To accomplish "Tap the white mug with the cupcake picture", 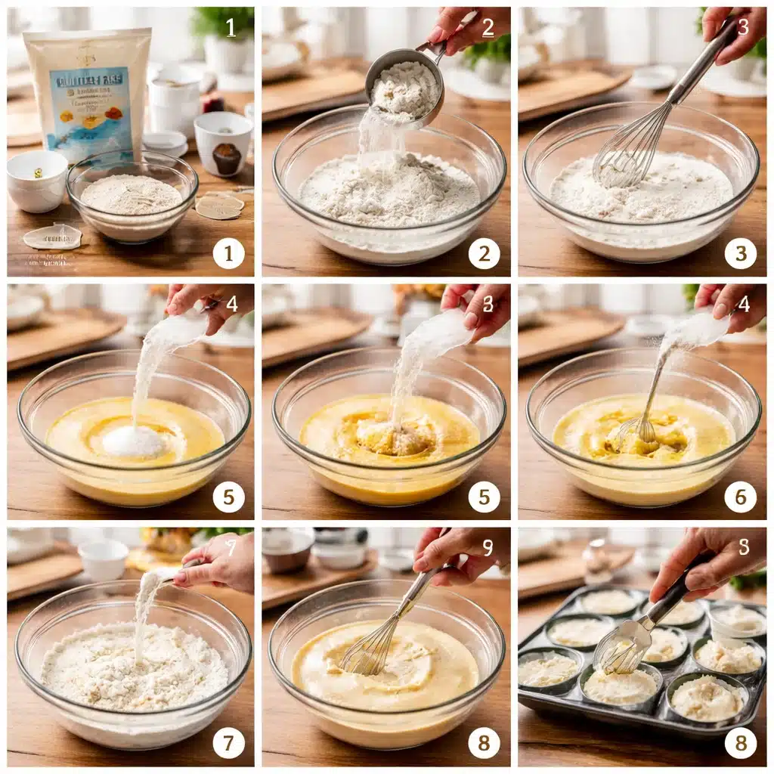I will [x=223, y=144].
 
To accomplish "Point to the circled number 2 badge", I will [x=484, y=254].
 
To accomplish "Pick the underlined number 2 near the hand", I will [x=488, y=28].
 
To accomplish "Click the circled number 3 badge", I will [x=740, y=254].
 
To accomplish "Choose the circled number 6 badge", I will [x=740, y=497].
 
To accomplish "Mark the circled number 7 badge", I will [x=228, y=742].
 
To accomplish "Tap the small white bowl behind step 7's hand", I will [x=103, y=559].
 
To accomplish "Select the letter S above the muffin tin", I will [x=744, y=546].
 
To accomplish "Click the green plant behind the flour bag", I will [x=224, y=23].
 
